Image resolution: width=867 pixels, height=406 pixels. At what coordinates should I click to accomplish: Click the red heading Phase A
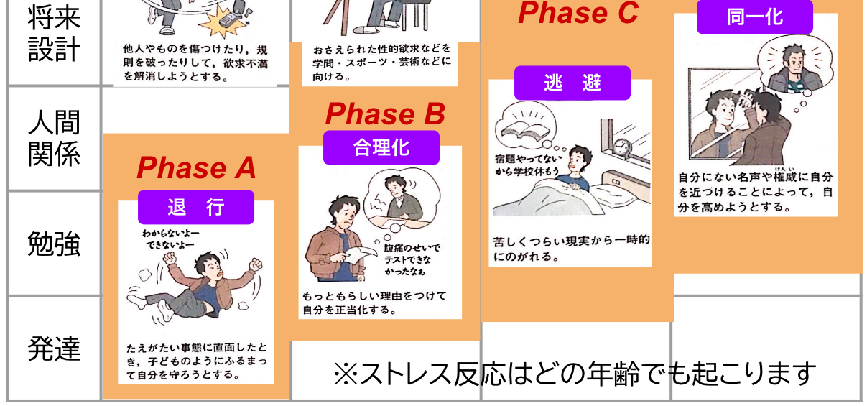click(196, 168)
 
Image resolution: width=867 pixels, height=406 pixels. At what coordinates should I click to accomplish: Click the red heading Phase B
click(385, 114)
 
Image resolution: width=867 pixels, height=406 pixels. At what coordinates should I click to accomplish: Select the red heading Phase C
click(578, 13)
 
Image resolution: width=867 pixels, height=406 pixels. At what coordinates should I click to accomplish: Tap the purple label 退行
click(196, 208)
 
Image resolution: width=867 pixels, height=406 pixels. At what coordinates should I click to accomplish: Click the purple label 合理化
click(381, 147)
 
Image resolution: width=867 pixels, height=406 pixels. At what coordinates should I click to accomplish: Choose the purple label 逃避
click(572, 83)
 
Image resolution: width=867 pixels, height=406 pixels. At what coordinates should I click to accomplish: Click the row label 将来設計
click(54, 33)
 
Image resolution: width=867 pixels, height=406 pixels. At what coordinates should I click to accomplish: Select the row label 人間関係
click(54, 138)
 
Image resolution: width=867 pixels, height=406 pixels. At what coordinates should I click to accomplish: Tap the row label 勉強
click(54, 243)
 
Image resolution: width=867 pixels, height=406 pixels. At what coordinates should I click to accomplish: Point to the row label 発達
click(54, 349)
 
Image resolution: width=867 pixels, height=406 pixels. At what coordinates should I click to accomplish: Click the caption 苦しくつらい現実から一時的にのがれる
click(570, 248)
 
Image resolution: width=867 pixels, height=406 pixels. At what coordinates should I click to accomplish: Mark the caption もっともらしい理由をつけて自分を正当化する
click(375, 303)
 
